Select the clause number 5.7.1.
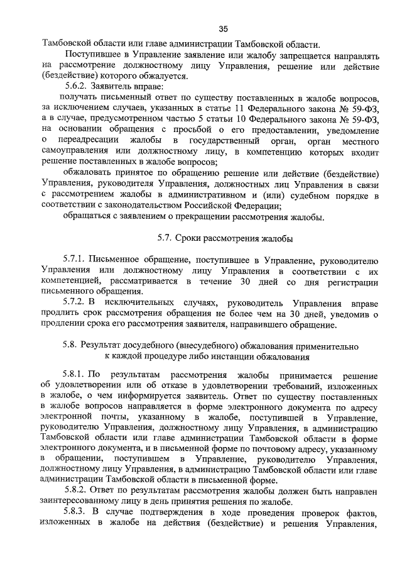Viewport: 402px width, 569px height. pos(73,260)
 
